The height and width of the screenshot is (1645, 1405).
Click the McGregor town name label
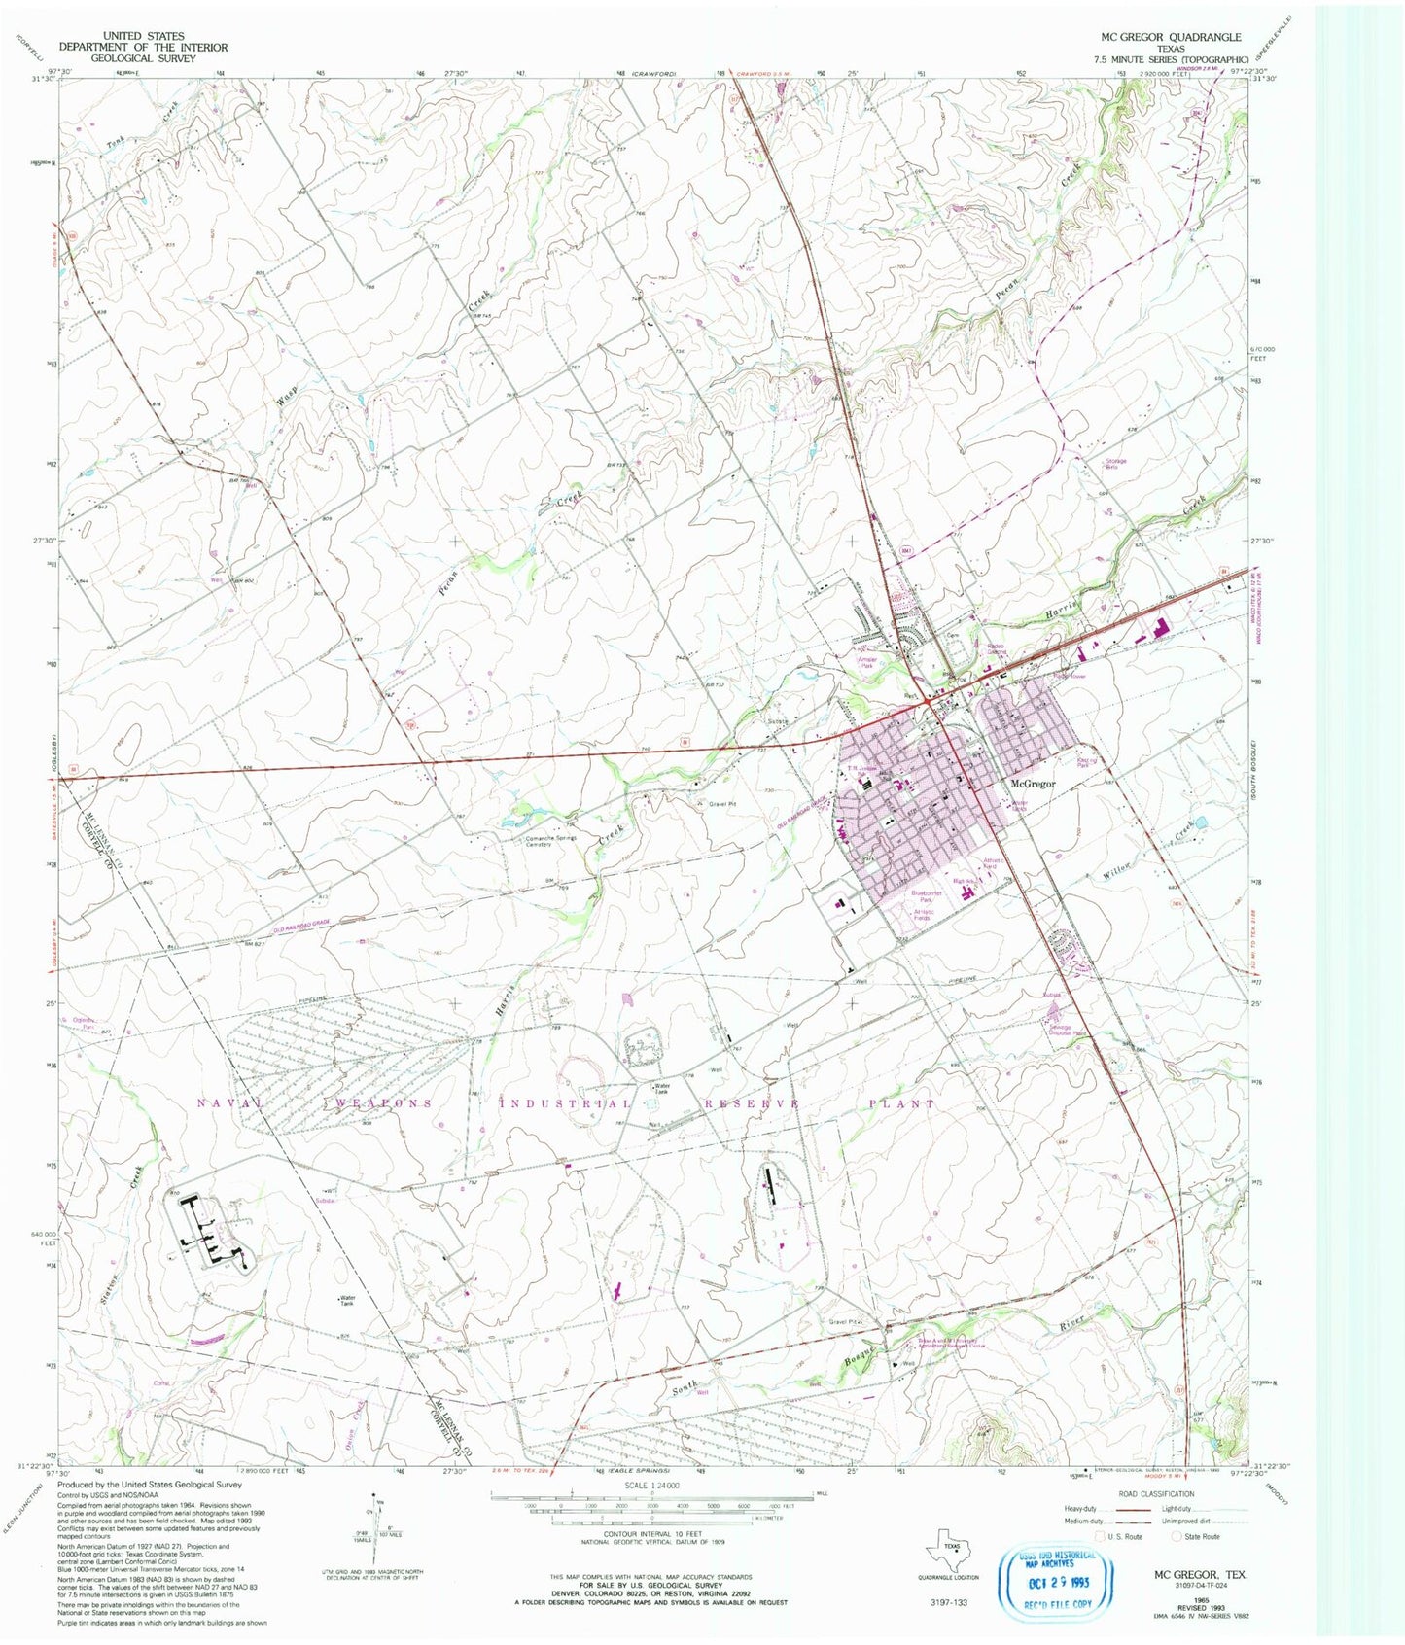click(1033, 784)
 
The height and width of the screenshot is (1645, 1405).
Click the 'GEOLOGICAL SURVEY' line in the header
click(143, 58)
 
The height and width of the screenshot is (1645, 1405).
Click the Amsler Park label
click(868, 661)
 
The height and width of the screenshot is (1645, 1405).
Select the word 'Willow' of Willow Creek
click(1118, 871)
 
